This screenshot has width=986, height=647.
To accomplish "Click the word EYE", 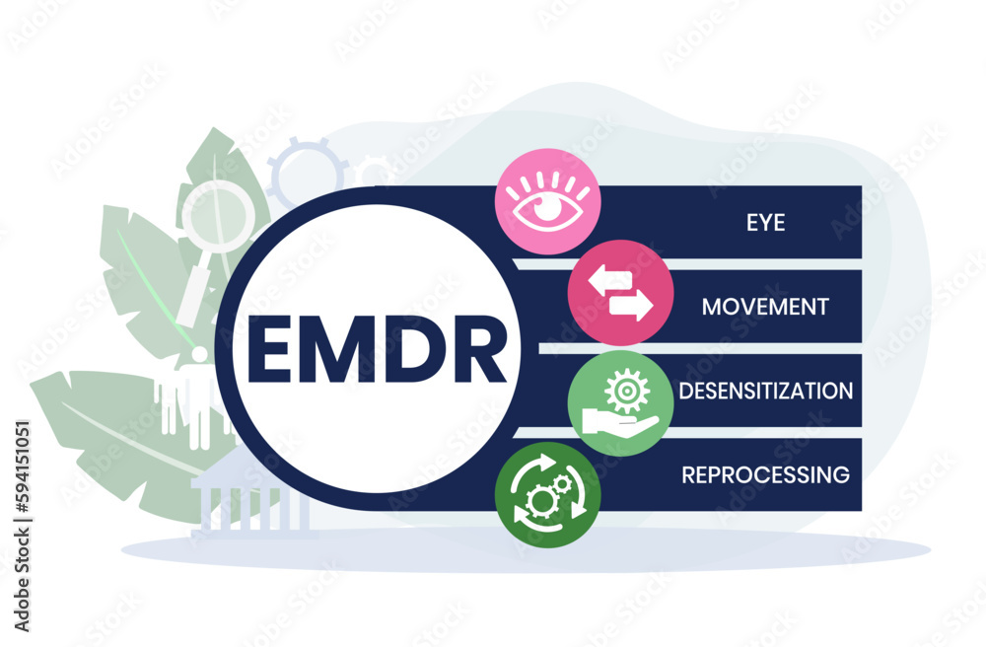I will pos(765,222).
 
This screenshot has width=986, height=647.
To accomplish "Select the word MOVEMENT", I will pos(764,306).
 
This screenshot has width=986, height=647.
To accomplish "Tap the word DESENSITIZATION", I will pos(765,391).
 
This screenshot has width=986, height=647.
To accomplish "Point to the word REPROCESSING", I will pos(765,474).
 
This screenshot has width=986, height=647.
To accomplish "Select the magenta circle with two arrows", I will pos(620,293).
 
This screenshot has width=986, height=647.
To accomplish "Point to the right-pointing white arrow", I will pos(630,307).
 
